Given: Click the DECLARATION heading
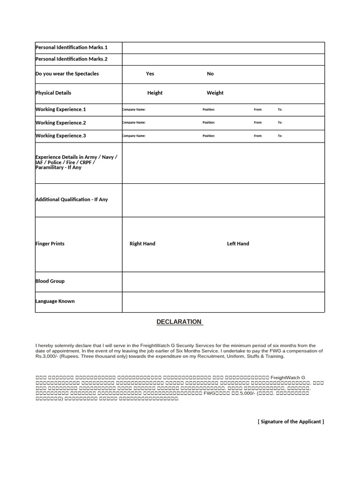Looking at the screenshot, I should pos(179,322).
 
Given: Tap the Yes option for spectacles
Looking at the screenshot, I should pos(150,74).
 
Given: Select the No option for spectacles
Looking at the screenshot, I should pos(210,74).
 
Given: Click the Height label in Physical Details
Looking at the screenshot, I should pos(155,93).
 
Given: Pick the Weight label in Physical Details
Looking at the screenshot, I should pos(215,93).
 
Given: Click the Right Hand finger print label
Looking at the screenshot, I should pos(142,244).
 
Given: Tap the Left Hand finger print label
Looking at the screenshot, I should pos(238,244).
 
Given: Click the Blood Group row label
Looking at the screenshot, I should pos(50,281).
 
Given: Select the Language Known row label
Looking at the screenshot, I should pos(55,301).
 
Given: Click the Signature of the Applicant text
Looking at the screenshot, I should pos(291,421).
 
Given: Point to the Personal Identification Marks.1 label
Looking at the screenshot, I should pos(72,47).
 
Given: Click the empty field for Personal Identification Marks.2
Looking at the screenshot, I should pos(223,60).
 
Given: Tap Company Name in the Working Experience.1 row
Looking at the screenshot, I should pos(134,110).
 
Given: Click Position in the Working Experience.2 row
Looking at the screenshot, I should pos(209,123).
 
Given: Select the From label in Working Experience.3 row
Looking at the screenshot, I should pos(258,136).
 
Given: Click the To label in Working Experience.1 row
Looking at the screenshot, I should pos(280,110).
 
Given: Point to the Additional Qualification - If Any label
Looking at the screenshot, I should pos(72,200).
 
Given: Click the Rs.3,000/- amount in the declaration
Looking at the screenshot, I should pos(46,356).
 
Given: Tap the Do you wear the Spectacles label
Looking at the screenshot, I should pos(67,74).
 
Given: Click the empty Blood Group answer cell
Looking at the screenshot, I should pos(223,282).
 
